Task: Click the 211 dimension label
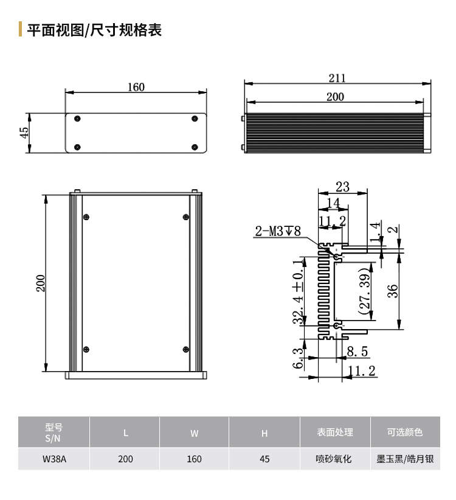pos(337,78)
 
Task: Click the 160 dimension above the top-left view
pos(136,87)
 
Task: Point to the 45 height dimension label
pos(24,133)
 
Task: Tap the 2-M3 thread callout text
pos(278,231)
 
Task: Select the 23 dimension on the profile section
pos(342,187)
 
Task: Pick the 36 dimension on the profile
pos(393,291)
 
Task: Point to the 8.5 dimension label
pos(358,352)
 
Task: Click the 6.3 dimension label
pos(298,358)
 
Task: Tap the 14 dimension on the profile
pos(334,203)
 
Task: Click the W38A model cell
pos(54,459)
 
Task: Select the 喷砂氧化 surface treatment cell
pos(334,459)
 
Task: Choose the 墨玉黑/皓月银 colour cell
pos(405,459)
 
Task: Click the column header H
pos(264,433)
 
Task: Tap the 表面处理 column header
pos(335,432)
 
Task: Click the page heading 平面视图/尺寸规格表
pos(94,30)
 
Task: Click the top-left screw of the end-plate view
pos(77,119)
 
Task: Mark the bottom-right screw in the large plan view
pos(186,350)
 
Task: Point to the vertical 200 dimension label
pos(41,283)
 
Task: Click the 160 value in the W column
pos(194,459)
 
